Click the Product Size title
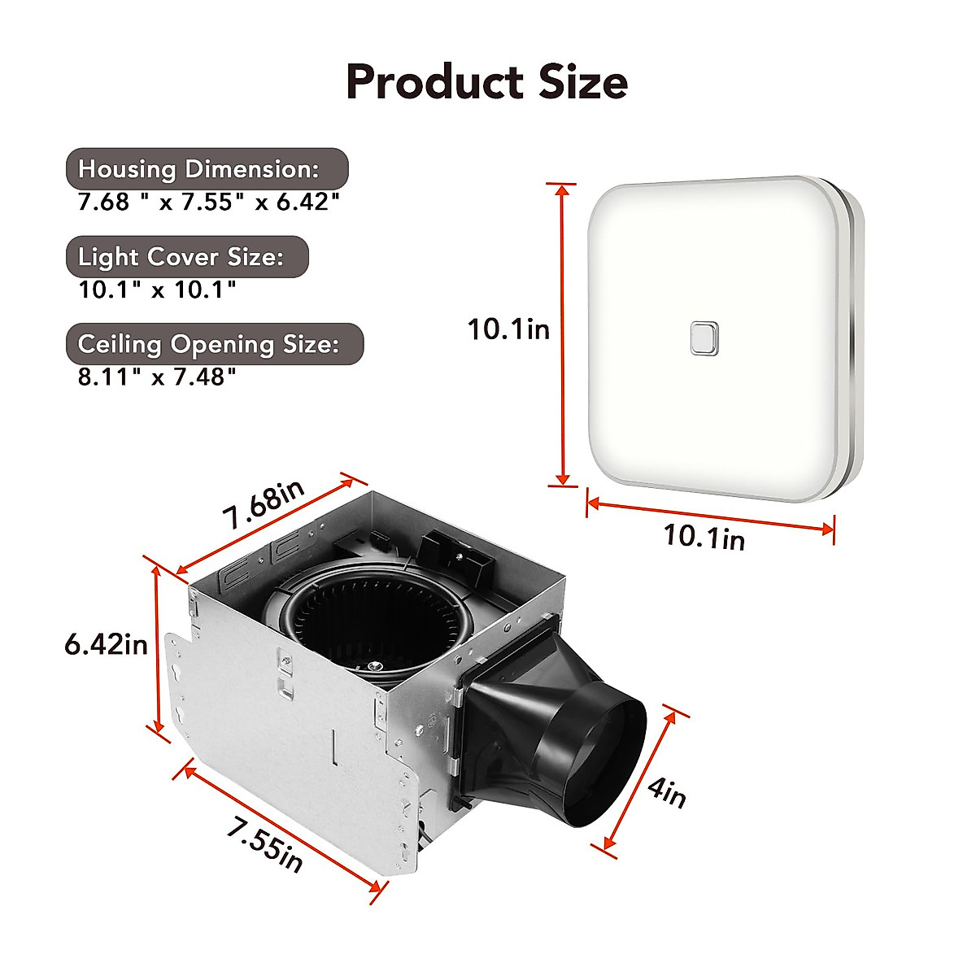point(486,82)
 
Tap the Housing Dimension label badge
point(207,169)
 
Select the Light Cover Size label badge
point(187,257)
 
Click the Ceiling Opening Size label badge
point(214,344)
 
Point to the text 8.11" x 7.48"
point(157,377)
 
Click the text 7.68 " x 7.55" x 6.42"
point(208,202)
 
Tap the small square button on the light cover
point(704,338)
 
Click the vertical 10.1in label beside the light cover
point(508,329)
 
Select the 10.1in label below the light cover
point(704,536)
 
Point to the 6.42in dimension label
point(107,644)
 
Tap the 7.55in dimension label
point(265,847)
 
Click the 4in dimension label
point(668,792)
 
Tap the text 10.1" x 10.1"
point(157,289)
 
